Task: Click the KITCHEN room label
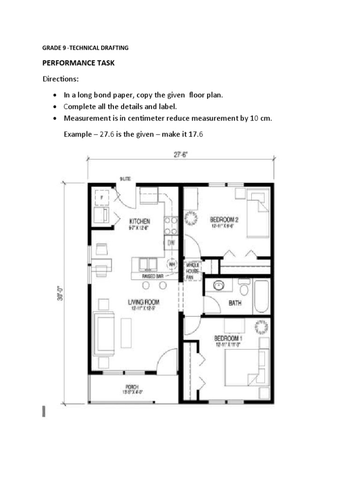140,221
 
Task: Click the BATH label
235,303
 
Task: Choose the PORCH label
132,387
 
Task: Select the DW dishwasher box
171,242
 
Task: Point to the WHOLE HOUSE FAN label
193,271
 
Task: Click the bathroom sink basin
218,285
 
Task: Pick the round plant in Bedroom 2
192,218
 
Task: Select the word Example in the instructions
78,134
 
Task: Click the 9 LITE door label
125,179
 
